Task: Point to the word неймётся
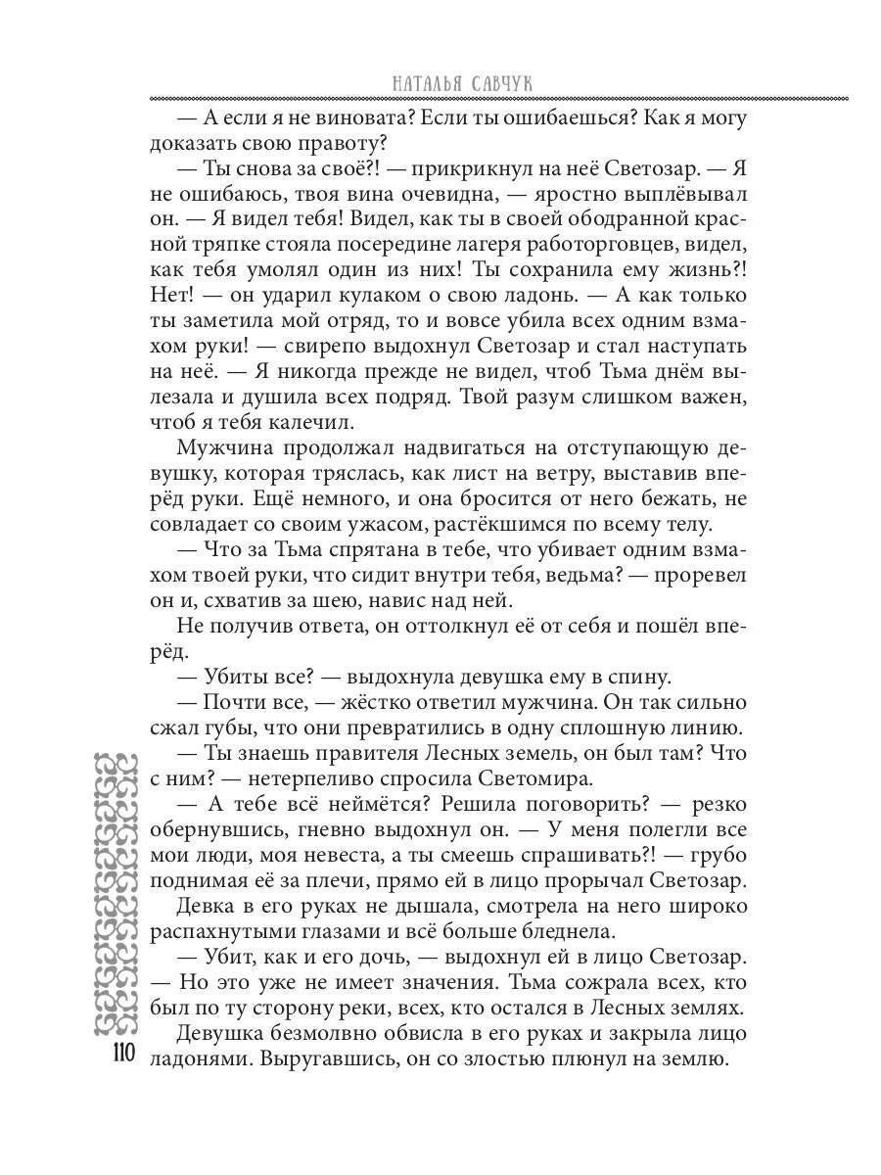377,804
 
